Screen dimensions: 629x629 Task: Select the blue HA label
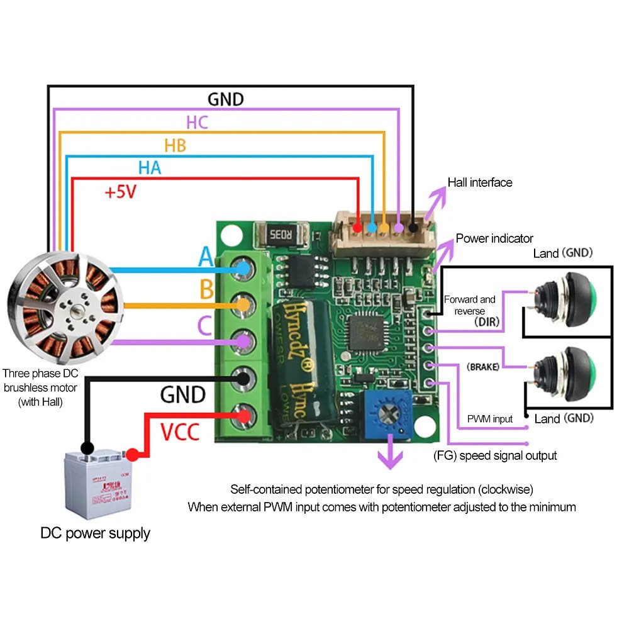(x=150, y=168)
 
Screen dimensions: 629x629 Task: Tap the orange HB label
(x=175, y=145)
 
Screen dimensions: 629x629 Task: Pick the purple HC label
(x=197, y=122)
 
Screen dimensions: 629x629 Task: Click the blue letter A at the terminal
(x=206, y=257)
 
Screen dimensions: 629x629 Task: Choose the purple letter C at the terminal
(x=204, y=326)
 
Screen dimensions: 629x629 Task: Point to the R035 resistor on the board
(x=280, y=236)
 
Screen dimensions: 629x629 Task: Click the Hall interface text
(x=480, y=182)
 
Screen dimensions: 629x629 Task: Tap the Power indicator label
(x=494, y=238)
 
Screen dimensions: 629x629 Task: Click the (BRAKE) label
(x=483, y=367)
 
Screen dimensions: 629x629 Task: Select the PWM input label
(x=489, y=419)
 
